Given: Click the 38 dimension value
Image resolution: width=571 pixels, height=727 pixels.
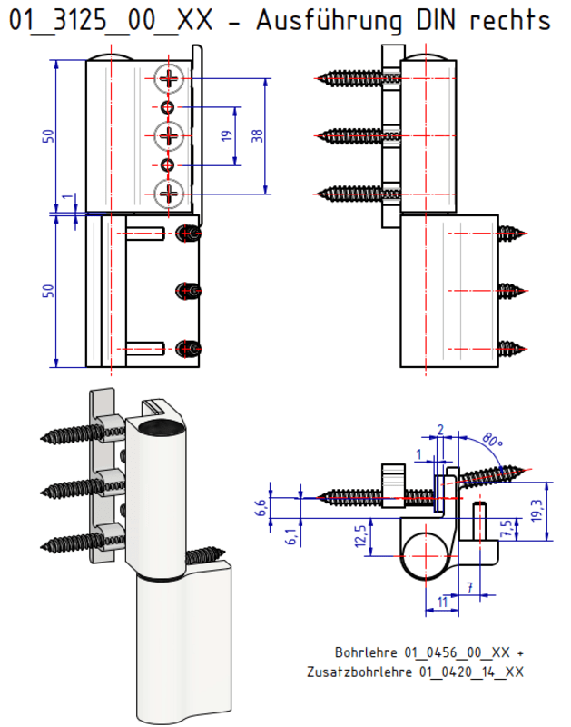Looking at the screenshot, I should click(257, 135).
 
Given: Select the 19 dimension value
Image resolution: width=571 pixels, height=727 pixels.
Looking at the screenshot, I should click(227, 135).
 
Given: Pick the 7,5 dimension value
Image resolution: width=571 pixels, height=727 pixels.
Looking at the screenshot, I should click(506, 528).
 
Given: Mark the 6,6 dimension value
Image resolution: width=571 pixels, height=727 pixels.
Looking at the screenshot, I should click(263, 507).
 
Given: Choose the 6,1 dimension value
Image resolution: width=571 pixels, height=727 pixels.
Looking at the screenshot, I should click(290, 536).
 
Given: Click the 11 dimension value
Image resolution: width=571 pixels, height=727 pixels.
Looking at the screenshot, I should click(441, 601).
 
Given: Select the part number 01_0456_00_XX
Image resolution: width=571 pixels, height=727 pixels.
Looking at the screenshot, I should click(458, 652).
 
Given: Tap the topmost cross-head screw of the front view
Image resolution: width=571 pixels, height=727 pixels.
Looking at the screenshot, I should click(170, 79).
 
